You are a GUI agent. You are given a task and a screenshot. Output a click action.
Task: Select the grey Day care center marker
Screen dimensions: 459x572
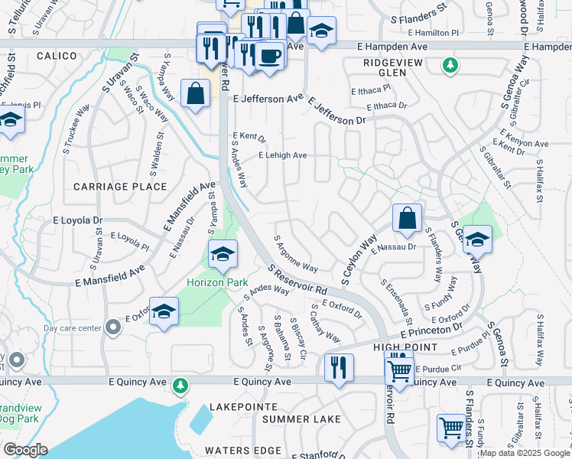point(113,328)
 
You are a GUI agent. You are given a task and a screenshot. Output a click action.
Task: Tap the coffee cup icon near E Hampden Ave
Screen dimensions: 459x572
point(269,56)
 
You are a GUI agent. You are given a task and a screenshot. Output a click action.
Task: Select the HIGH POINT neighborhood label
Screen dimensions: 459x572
point(405,347)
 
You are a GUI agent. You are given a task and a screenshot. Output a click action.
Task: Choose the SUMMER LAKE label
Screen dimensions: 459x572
point(301,419)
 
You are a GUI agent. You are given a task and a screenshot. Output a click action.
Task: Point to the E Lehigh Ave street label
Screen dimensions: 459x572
point(282,155)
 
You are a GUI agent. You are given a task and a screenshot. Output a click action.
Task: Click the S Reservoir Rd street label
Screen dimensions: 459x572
point(297,280)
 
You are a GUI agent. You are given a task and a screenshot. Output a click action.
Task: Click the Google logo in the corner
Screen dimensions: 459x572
point(25,450)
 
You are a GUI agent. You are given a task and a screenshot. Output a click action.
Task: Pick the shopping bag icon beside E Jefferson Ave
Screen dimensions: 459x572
point(195,94)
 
